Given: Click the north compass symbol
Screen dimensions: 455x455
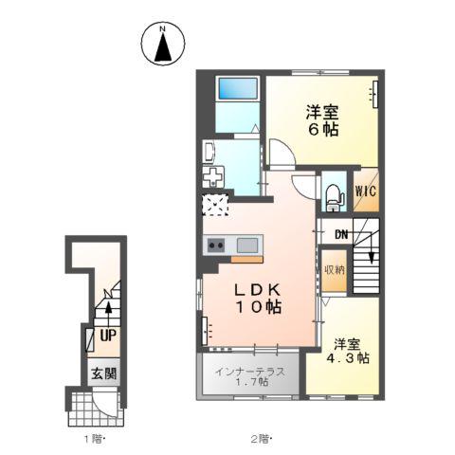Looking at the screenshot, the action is [163, 44].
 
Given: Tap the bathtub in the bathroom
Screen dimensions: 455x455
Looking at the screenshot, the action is [238, 88].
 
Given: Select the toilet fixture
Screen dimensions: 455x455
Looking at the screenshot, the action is [334, 197].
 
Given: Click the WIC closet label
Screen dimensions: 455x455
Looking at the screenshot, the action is [366, 191].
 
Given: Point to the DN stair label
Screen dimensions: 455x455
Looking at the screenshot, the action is [341, 235].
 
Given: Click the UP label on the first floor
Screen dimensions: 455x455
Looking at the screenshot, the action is [108, 336].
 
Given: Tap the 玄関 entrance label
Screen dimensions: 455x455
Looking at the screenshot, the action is [104, 373].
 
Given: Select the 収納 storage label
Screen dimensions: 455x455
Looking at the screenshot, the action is [335, 270].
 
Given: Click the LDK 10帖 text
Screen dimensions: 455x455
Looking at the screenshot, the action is [258, 299].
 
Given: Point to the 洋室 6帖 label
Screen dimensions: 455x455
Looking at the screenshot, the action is [322, 120].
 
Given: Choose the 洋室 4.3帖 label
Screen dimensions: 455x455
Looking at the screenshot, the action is [348, 351].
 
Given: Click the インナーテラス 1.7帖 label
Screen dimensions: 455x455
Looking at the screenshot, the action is [250, 376].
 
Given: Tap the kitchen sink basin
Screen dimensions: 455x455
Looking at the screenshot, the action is [247, 246].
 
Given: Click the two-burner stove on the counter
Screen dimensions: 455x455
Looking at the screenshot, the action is [216, 246].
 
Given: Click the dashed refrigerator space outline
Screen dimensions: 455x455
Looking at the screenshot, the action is [216, 205].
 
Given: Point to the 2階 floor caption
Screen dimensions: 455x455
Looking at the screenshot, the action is [262, 439].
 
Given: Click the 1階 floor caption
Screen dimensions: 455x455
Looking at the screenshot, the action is [94, 439].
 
